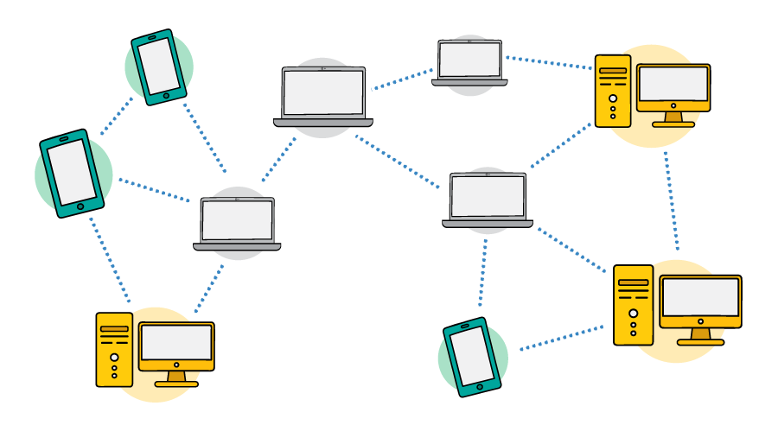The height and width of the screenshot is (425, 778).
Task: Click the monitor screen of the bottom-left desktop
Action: click(x=176, y=343)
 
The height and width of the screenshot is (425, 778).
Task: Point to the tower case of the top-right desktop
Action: click(x=613, y=91)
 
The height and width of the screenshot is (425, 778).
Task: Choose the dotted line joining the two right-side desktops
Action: click(x=672, y=201)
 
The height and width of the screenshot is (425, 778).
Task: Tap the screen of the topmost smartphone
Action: click(x=160, y=67)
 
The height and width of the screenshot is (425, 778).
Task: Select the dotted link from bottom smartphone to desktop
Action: click(x=561, y=338)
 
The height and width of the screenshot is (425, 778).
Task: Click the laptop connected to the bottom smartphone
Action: click(x=488, y=198)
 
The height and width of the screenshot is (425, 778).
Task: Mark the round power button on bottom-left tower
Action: click(x=114, y=357)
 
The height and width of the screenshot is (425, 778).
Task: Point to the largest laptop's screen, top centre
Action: click(x=323, y=92)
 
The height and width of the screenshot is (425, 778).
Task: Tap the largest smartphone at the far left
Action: click(x=72, y=173)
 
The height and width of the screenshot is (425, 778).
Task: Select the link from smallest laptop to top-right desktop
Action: click(x=549, y=62)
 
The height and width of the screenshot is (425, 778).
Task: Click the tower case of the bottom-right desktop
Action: click(x=633, y=305)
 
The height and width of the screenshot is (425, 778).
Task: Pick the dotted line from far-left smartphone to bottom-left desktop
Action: click(x=110, y=259)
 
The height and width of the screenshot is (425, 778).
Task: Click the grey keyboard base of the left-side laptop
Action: click(x=237, y=246)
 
